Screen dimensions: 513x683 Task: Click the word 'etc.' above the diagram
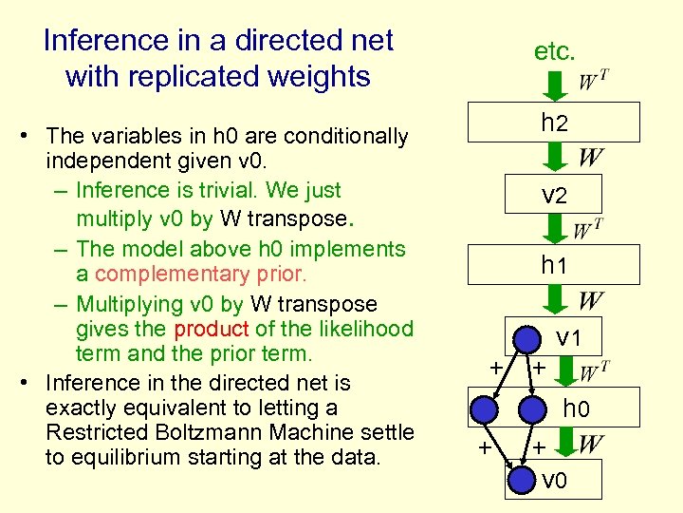pyautogui.click(x=554, y=51)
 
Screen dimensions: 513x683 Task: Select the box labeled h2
pyautogui.click(x=554, y=123)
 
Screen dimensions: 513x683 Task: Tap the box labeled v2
pyautogui.click(x=554, y=195)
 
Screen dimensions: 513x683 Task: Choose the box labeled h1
pyautogui.click(x=554, y=265)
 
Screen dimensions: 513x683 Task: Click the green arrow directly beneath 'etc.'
pyautogui.click(x=555, y=84)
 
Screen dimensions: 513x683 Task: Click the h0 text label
pyautogui.click(x=577, y=409)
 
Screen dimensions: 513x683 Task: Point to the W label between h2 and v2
pyautogui.click(x=590, y=157)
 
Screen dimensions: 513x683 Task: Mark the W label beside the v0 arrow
pyautogui.click(x=590, y=444)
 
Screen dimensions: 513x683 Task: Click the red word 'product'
pyautogui.click(x=211, y=329)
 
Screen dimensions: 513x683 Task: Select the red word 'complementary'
pyautogui.click(x=155, y=275)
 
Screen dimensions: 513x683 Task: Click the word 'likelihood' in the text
pyautogui.click(x=365, y=329)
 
